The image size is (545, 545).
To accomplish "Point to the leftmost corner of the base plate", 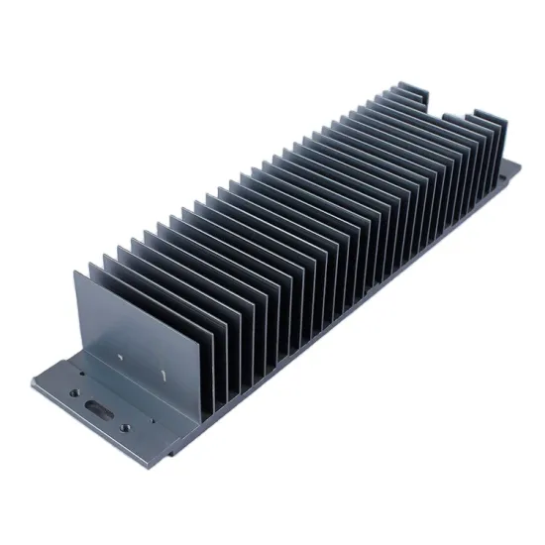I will (x=32, y=381).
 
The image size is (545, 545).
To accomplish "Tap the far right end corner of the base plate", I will (x=518, y=168).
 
